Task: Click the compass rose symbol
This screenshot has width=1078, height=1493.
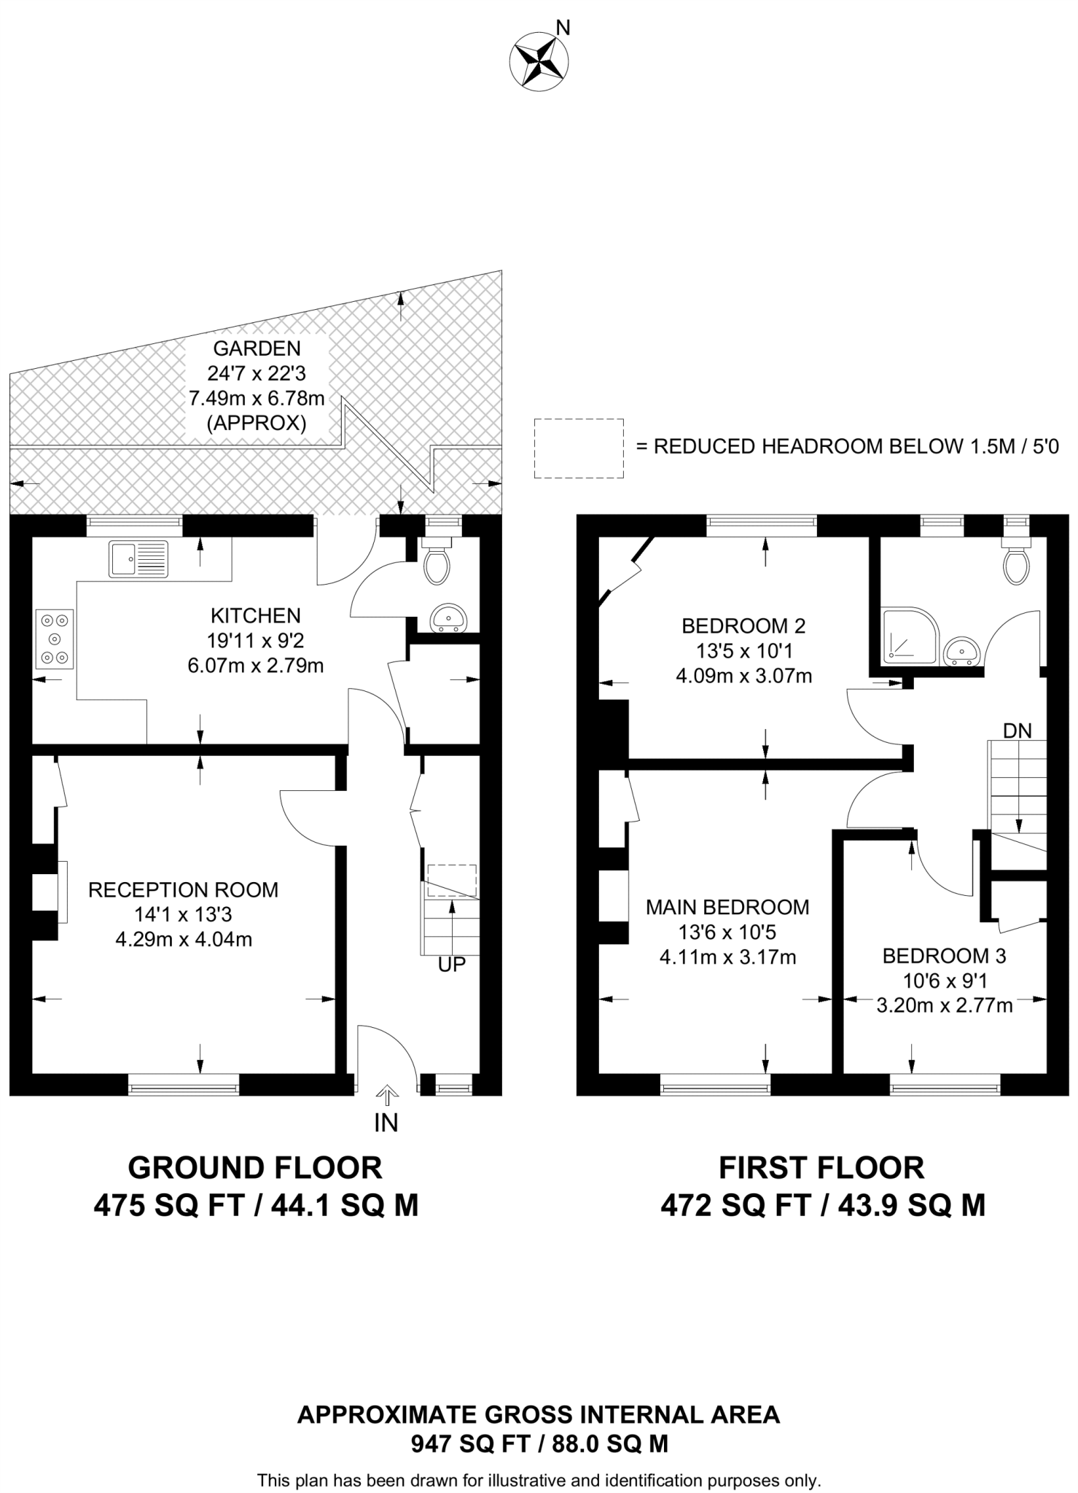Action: coord(539,61)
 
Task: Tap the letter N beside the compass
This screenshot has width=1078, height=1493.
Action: coord(563,28)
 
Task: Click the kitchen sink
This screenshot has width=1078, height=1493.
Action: coord(138,559)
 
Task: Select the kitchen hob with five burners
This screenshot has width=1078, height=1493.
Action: coord(55,639)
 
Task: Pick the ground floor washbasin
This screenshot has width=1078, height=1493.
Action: coord(450,619)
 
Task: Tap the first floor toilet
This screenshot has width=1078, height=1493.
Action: coord(1015,562)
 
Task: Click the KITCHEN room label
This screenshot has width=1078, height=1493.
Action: coord(255,616)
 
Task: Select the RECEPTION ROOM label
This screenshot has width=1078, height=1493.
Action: coord(183,890)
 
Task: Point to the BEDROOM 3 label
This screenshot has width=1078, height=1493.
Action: coord(944,956)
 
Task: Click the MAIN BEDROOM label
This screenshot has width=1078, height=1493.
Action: coord(727,908)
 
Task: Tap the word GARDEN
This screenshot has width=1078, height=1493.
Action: coord(257,348)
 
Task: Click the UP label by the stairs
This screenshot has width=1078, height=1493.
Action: coord(451,964)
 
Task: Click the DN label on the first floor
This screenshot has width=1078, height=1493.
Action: coord(1017,730)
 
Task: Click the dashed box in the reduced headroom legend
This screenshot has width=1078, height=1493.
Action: coord(579,448)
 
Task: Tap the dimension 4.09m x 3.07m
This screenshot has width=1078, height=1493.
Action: coord(743,676)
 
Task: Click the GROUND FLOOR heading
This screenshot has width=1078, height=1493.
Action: coord(255,1168)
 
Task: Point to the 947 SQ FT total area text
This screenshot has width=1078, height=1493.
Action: coord(464,1444)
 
